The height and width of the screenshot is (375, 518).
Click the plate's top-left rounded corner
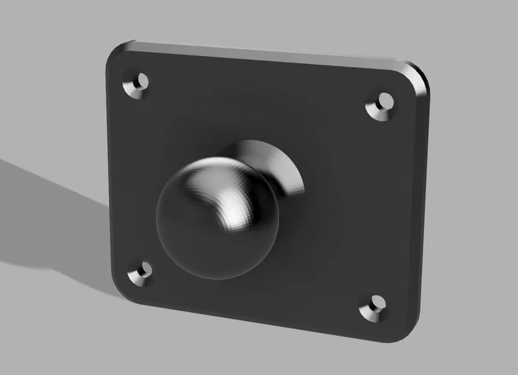(x=116, y=53)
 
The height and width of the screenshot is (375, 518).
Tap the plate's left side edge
(x=108, y=174)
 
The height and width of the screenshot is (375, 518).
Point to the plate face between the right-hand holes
(x=379, y=204)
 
